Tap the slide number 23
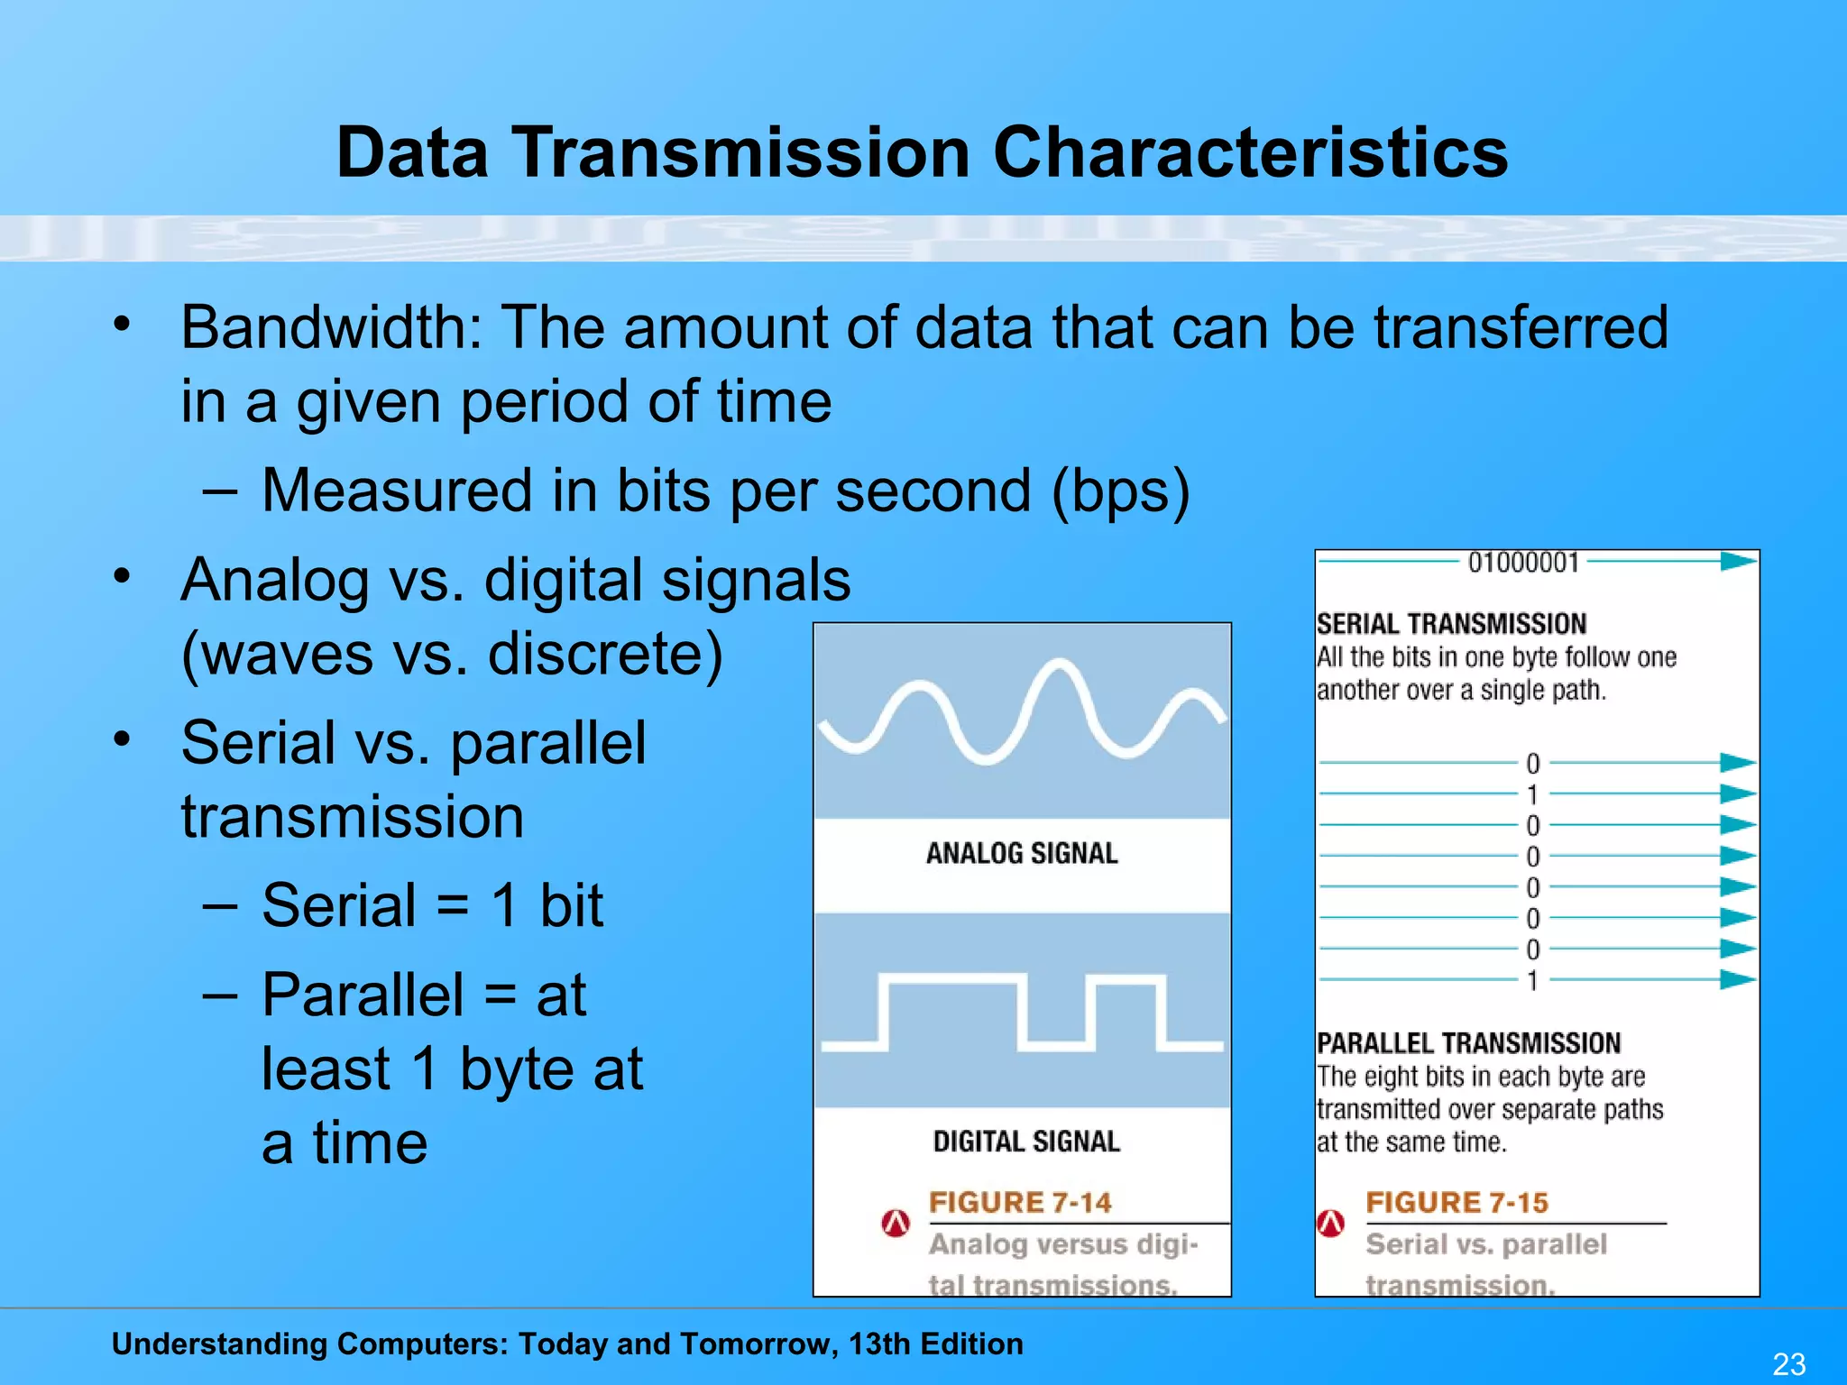coord(1789,1363)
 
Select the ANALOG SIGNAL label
coord(1022,853)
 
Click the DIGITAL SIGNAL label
coord(1026,1142)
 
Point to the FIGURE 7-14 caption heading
coord(1020,1202)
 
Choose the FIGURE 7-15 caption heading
coord(1456,1202)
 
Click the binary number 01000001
coord(1523,563)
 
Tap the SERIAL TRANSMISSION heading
coord(1451,624)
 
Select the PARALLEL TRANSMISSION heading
coord(1468,1043)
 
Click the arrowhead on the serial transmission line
coord(1738,562)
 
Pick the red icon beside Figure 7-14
coord(896,1223)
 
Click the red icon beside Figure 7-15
coord(1331,1223)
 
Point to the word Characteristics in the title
coord(1250,152)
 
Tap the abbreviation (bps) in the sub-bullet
coord(1121,491)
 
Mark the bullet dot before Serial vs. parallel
coord(123,739)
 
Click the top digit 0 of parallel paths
coord(1532,764)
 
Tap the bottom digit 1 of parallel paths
coord(1532,980)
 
